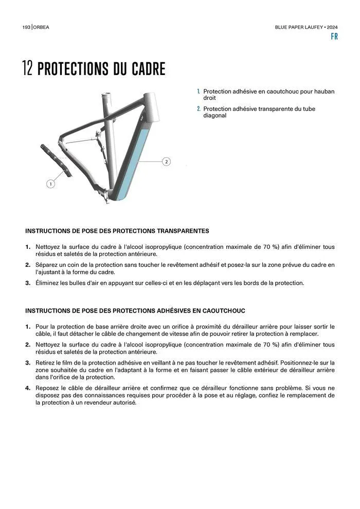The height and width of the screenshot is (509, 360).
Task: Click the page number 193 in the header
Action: pyautogui.click(x=26, y=27)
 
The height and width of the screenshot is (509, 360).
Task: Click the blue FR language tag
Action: pyautogui.click(x=334, y=37)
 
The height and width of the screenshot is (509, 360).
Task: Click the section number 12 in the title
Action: pyautogui.click(x=28, y=69)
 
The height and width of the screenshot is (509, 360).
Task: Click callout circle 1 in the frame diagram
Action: pyautogui.click(x=50, y=184)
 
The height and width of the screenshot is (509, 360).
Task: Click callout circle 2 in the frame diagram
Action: pyautogui.click(x=166, y=162)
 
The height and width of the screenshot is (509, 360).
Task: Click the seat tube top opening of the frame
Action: pyautogui.click(x=106, y=95)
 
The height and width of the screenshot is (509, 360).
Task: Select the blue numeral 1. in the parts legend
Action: pyautogui.click(x=199, y=92)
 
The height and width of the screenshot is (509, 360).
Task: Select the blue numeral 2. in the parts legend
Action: pyautogui.click(x=199, y=109)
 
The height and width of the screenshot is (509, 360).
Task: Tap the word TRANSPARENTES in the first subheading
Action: pyautogui.click(x=183, y=231)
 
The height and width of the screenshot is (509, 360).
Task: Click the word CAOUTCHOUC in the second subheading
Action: pyautogui.click(x=218, y=311)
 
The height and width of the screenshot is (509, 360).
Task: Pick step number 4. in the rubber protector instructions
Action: pyautogui.click(x=28, y=388)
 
